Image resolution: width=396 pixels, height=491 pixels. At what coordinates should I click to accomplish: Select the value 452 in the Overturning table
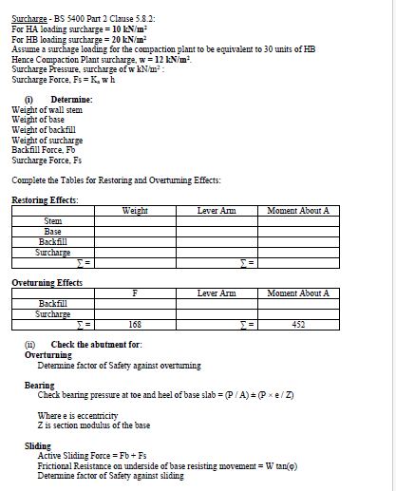tap(298, 325)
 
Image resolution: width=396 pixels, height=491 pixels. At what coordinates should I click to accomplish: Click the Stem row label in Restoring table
tap(53, 221)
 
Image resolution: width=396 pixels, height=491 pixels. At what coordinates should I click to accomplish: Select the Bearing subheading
tap(37, 385)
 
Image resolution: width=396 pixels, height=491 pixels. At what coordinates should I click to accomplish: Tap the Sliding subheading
tap(36, 444)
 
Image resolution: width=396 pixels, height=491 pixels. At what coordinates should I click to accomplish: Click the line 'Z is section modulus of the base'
tap(94, 425)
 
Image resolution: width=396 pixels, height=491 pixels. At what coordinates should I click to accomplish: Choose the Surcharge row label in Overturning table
tap(53, 314)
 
